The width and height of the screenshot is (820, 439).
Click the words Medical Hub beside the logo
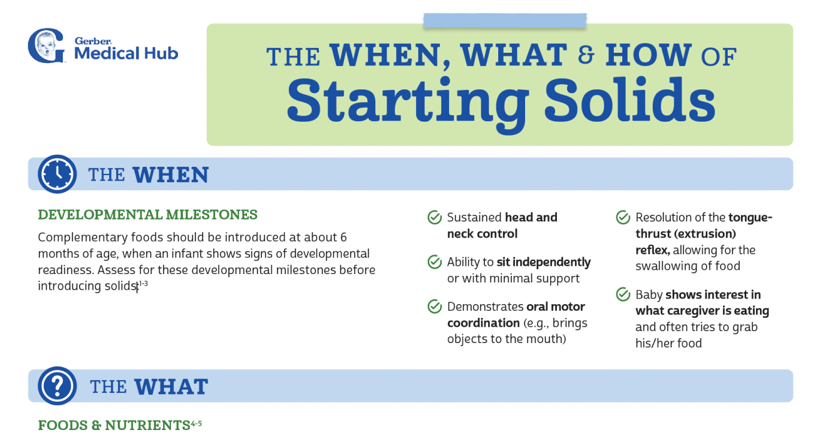coord(126,53)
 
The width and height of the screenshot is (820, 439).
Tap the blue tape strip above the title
coord(505,20)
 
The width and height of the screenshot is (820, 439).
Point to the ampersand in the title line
coord(586,56)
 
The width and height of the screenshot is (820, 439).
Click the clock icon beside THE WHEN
coord(57,174)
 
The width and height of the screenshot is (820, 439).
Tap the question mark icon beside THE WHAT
coord(57,386)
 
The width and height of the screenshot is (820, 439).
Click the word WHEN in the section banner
coord(170,175)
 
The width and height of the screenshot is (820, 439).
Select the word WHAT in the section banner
coord(171,387)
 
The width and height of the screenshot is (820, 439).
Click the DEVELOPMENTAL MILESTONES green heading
coord(147,215)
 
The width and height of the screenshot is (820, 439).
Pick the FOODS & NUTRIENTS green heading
coord(114,426)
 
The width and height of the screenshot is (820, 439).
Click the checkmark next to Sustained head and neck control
coord(435,218)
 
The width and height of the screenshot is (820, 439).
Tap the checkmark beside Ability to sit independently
coord(435,263)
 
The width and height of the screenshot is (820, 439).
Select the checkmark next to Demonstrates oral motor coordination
coord(435,307)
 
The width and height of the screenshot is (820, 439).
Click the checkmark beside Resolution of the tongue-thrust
coord(623,218)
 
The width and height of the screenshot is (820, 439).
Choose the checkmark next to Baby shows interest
coord(623,295)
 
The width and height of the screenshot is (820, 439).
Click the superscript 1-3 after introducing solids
coord(143,283)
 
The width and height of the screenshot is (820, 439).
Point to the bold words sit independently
coord(544,263)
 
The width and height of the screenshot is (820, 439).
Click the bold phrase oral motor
coord(556,307)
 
